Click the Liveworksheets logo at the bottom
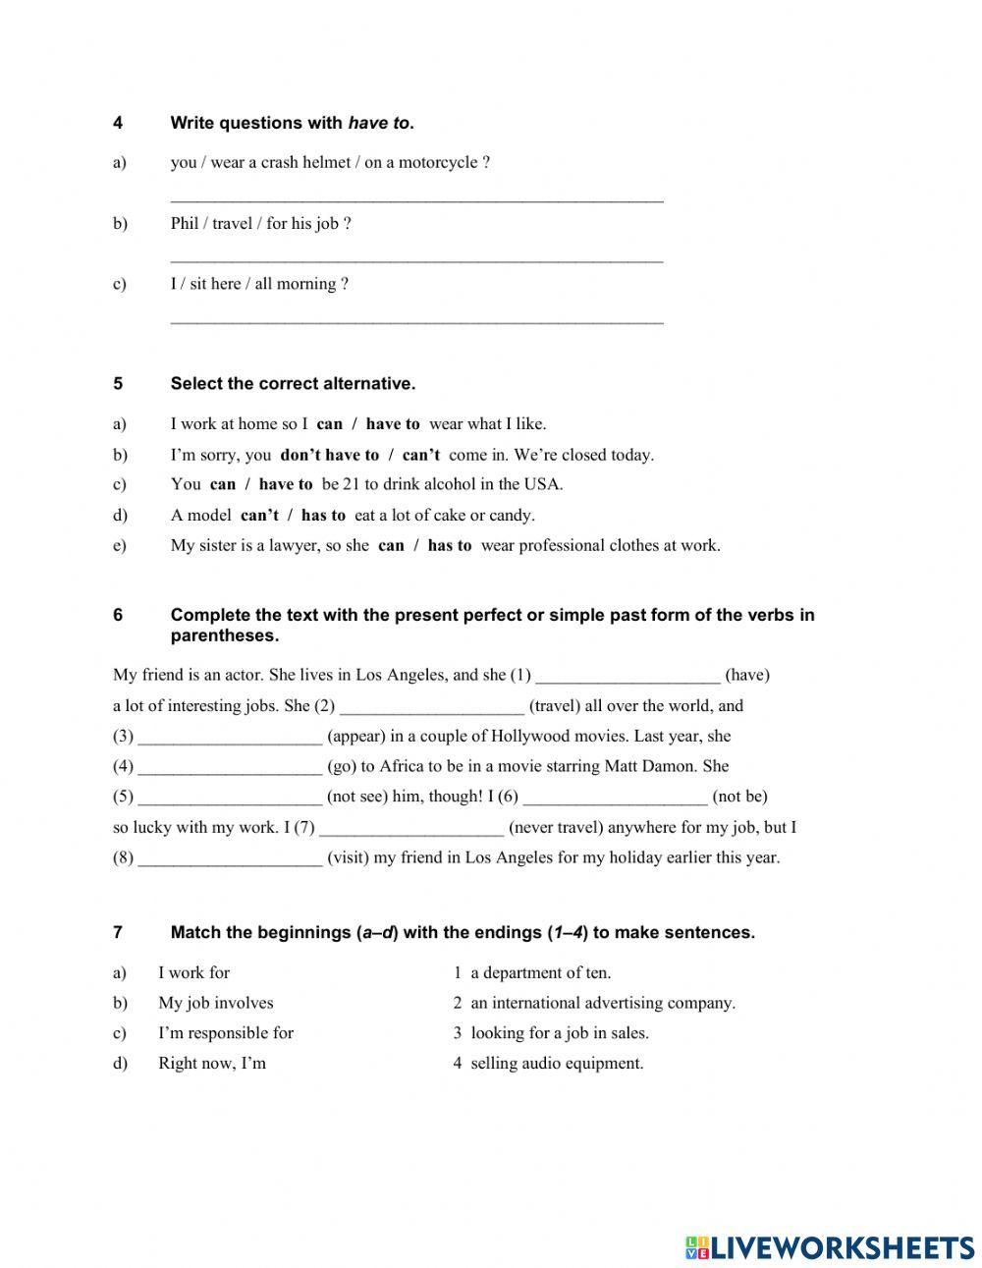830,1247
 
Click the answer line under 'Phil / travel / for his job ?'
416,257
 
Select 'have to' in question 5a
392,424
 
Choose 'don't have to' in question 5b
329,455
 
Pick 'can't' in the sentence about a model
259,515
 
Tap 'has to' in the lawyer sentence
450,545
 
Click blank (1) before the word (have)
627,676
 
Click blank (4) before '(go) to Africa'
230,767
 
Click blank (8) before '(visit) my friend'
230,857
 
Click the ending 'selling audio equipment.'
557,1063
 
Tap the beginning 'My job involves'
216,1003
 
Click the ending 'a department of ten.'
540,972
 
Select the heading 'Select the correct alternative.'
293,383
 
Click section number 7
118,932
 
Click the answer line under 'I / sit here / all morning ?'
416,318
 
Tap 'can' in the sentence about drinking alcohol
223,484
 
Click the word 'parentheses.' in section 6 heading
224,635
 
